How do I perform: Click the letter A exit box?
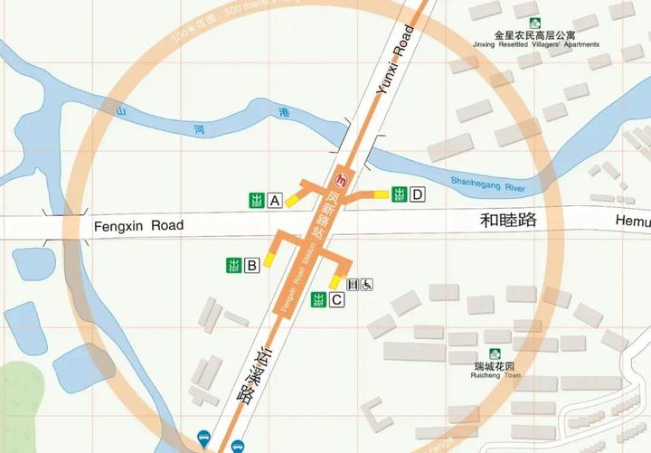point(275,200)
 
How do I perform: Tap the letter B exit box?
point(252,265)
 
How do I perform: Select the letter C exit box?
point(335,300)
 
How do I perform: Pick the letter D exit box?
point(417,193)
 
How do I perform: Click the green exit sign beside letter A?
point(257,200)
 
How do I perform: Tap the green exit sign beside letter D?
point(399,193)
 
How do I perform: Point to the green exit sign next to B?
point(234,265)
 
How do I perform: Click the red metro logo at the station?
point(341,178)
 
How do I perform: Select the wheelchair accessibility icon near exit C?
point(368,284)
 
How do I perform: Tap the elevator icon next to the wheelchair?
point(353,284)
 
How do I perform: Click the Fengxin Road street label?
point(138,225)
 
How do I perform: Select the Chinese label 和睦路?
point(507,220)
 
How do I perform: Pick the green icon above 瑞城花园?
point(495,354)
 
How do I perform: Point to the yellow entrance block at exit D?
point(375,193)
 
